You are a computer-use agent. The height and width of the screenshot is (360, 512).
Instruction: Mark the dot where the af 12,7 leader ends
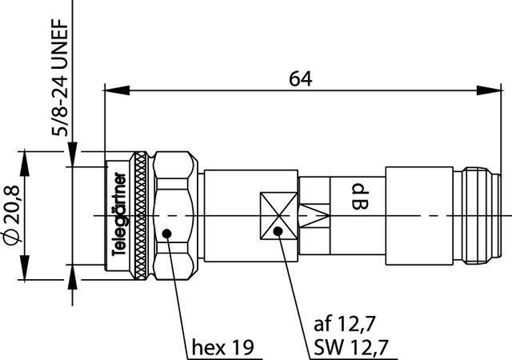tap(278, 232)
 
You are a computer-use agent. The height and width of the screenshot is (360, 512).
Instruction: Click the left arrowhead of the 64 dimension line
tap(110, 90)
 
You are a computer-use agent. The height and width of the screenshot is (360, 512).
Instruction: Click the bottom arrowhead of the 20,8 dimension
tap(28, 275)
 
